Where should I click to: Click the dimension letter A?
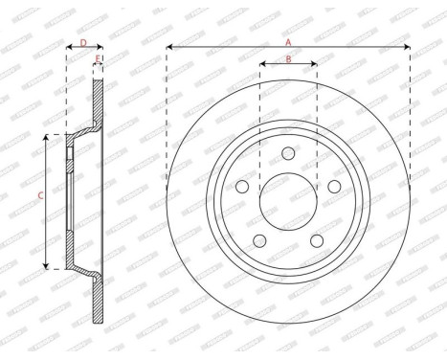tap(288, 40)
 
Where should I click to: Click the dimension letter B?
tap(288, 59)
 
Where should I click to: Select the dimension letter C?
tap(39, 198)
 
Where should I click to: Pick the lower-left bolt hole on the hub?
tap(260, 240)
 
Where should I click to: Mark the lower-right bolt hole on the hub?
tap(316, 240)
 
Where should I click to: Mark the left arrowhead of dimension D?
tap(68, 47)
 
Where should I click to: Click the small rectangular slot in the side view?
tap(73, 153)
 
